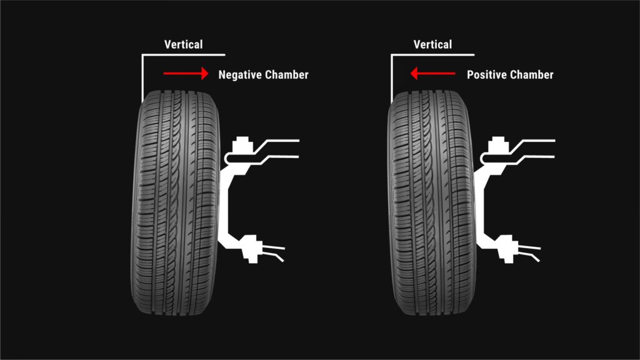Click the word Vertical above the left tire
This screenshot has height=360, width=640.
pyautogui.click(x=183, y=44)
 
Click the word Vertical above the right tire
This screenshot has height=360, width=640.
pyautogui.click(x=432, y=44)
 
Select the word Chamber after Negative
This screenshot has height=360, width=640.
pyautogui.click(x=287, y=75)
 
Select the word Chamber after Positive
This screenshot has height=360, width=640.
pyautogui.click(x=532, y=75)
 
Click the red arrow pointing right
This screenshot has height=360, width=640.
pyautogui.click(x=186, y=74)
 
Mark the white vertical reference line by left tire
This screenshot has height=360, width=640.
pyautogui.click(x=142, y=75)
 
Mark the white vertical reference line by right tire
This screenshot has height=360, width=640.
pyautogui.click(x=392, y=75)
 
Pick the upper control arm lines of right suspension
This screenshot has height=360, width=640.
pyautogui.click(x=534, y=148)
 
